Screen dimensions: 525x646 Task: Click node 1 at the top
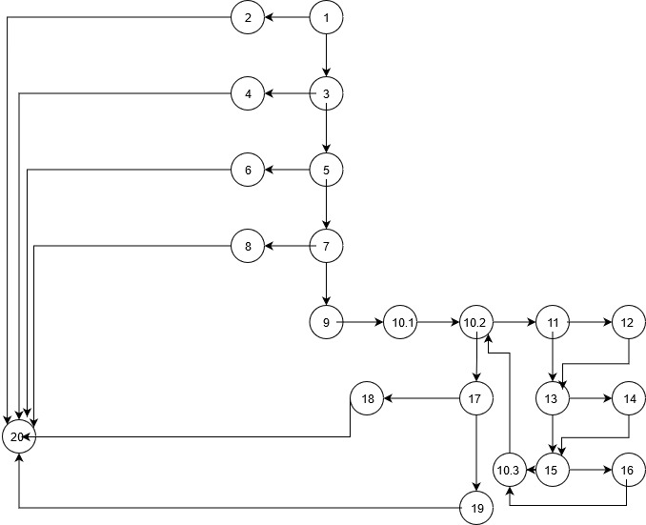point(326,18)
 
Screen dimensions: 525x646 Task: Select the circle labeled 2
point(247,18)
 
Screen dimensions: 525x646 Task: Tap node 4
point(247,93)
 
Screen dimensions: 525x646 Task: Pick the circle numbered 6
point(247,171)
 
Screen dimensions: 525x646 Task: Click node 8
point(247,247)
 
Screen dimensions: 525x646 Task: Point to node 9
point(326,323)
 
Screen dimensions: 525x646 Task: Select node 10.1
point(401,323)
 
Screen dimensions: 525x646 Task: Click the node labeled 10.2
point(475,323)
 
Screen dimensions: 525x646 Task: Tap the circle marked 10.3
point(510,470)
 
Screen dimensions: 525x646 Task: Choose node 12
point(627,323)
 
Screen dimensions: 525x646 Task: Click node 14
point(627,398)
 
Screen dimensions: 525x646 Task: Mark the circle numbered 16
point(627,470)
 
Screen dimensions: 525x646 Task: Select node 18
point(367,398)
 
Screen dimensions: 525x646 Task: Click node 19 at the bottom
point(476,509)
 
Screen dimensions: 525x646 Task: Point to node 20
point(17,436)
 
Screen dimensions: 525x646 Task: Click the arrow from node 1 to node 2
point(287,18)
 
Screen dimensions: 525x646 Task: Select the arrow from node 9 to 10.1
point(363,323)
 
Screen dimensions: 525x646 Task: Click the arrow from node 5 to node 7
point(326,209)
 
